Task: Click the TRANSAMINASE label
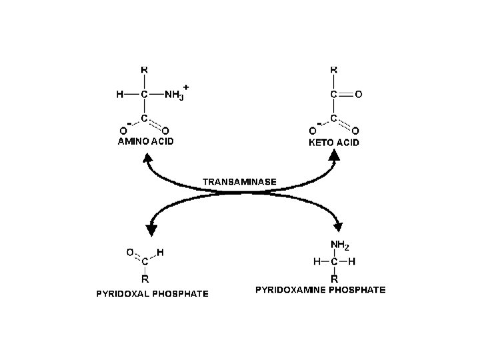pyautogui.click(x=239, y=181)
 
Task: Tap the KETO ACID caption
pyautogui.click(x=333, y=142)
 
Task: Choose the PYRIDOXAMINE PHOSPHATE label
pyautogui.click(x=321, y=290)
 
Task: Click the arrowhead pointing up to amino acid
pyautogui.click(x=147, y=159)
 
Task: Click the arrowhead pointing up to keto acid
pyautogui.click(x=334, y=156)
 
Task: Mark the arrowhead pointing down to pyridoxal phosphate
pyautogui.click(x=151, y=229)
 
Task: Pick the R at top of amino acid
pyautogui.click(x=144, y=69)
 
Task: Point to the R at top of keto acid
pyautogui.click(x=334, y=69)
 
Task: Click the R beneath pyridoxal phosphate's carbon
pyautogui.click(x=144, y=279)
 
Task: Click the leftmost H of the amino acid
pyautogui.click(x=119, y=95)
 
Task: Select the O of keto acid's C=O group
pyautogui.click(x=359, y=95)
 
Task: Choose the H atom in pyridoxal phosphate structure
pyautogui.click(x=161, y=252)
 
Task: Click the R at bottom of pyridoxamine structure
pyautogui.click(x=334, y=277)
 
